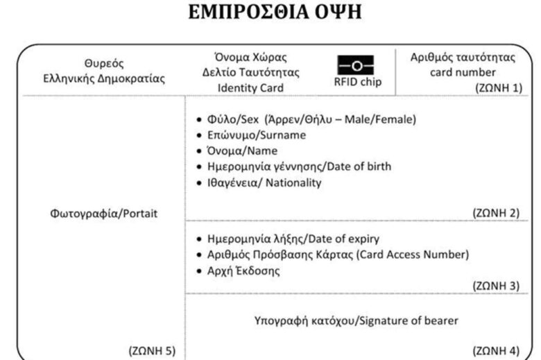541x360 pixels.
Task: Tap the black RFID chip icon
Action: [356, 65]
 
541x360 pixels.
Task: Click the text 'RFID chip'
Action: [356, 81]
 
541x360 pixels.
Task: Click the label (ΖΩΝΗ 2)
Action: [495, 213]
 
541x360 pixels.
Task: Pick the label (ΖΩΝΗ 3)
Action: [495, 285]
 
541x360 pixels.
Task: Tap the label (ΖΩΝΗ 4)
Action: [495, 350]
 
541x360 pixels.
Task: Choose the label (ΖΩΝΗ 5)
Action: [153, 350]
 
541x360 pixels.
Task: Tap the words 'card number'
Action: [463, 71]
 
